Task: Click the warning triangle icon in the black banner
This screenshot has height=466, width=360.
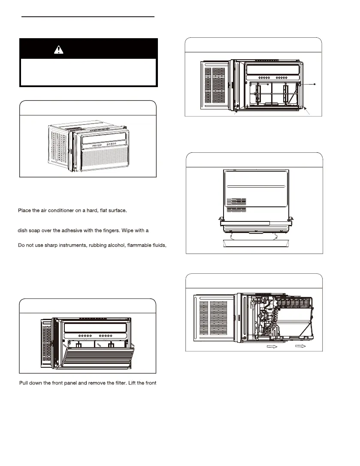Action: tap(58, 50)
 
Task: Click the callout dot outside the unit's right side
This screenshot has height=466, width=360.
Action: tap(315, 84)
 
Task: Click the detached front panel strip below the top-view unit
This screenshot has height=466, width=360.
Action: tap(256, 243)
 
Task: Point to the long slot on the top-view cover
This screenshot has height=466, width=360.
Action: tap(256, 186)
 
